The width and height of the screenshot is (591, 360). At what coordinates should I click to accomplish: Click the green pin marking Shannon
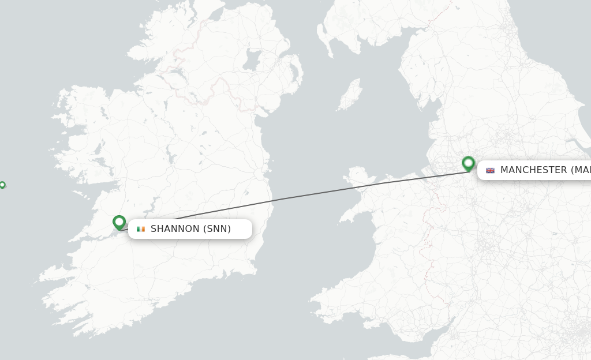tap(119, 222)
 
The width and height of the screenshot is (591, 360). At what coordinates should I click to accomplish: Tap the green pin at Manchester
tap(468, 163)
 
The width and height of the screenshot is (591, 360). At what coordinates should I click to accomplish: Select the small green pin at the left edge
tap(2, 185)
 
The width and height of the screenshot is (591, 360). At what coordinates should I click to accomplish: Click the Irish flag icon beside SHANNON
tap(141, 229)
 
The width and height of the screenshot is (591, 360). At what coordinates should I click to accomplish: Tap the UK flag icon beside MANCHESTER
tap(490, 170)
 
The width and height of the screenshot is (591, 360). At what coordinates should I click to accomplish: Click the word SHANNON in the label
tap(175, 229)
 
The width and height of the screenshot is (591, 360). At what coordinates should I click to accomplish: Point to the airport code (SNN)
tap(217, 229)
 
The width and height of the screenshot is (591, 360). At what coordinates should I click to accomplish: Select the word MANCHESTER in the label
tap(533, 170)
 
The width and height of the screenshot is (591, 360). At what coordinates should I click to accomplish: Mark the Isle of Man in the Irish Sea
tap(350, 95)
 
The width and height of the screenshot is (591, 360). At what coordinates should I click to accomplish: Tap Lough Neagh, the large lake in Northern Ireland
tap(252, 58)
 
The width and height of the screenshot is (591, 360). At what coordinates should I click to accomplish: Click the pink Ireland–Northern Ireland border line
tap(214, 87)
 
